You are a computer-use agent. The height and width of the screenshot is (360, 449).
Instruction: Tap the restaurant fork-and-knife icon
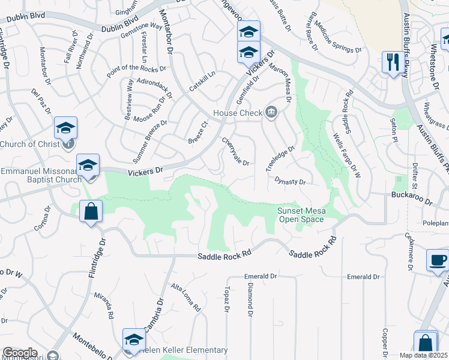tap(392, 62)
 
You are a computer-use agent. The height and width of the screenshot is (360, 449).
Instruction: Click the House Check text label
tap(238, 113)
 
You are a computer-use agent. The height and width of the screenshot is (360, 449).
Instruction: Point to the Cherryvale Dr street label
tap(235, 152)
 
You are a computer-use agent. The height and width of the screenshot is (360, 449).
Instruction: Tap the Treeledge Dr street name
tap(281, 159)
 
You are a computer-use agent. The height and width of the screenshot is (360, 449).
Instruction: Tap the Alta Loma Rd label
tap(185, 298)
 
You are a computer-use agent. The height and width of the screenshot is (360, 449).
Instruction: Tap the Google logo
tap(20, 353)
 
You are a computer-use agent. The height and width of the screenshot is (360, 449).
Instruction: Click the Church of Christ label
tap(30, 144)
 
